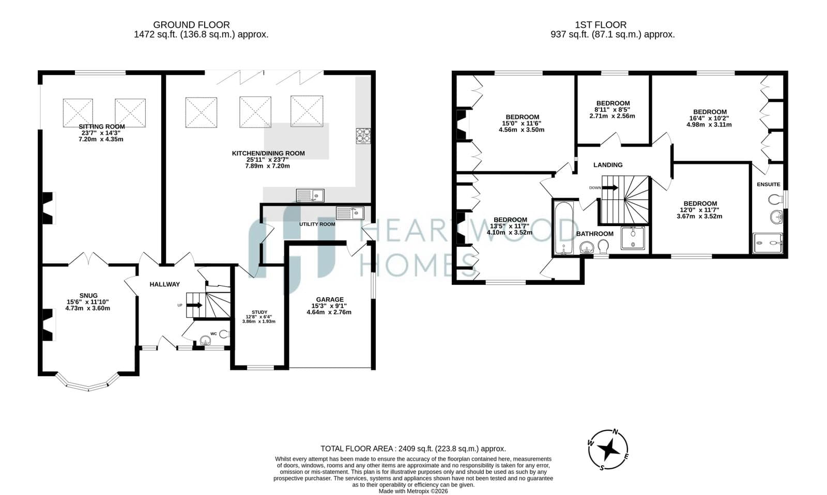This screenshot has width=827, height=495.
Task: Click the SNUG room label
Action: coord(88,296)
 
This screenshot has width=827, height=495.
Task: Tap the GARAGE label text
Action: coord(330,300)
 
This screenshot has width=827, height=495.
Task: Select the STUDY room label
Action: coord(259,312)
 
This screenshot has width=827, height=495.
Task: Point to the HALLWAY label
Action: coord(165,284)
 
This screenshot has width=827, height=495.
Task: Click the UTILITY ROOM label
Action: coord(317,224)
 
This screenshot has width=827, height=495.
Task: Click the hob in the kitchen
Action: coord(363,136)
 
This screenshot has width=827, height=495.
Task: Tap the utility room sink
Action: coord(349,213)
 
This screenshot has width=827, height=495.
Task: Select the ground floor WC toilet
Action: coord(224,334)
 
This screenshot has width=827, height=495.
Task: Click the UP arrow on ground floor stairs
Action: coord(194,305)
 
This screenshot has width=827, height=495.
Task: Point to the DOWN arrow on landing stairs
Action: coord(610,187)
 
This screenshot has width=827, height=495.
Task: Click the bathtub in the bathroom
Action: coord(563,228)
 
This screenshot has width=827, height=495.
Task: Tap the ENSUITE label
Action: coord(768,184)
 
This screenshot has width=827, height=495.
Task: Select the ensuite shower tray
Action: coord(768,243)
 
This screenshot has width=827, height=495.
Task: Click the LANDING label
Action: coord(608,165)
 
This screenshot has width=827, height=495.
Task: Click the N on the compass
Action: coord(615,432)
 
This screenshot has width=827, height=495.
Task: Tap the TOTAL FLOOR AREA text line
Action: coord(413,449)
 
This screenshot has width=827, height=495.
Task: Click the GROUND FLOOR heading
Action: coord(191,25)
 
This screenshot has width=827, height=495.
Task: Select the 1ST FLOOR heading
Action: coord(601,25)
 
